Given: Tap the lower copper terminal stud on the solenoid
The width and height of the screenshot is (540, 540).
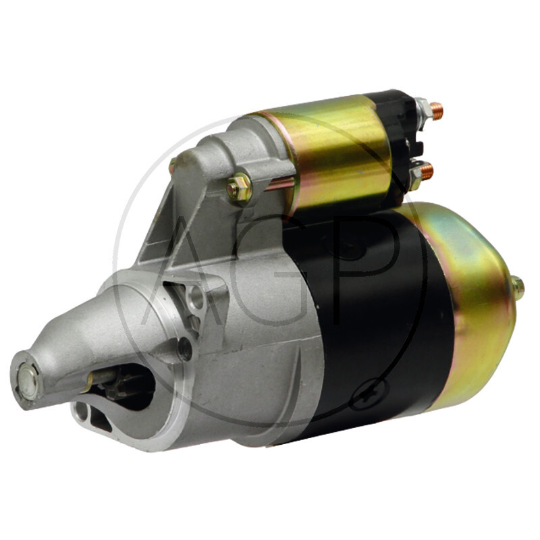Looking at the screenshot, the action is [x=427, y=171].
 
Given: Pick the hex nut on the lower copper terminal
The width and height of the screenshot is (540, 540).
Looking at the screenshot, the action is [x=416, y=175].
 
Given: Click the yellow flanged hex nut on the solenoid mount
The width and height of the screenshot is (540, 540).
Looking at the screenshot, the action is [x=239, y=189].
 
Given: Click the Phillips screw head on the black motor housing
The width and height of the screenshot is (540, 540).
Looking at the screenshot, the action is [x=371, y=394].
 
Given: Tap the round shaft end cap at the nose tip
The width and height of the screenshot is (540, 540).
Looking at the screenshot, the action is [x=28, y=381].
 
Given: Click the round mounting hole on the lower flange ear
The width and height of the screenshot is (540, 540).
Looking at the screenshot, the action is [x=81, y=412].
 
